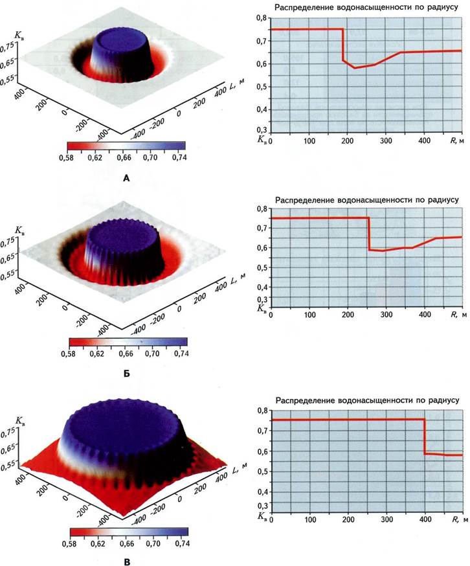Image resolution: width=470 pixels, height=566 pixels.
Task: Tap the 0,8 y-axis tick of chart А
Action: (260, 19)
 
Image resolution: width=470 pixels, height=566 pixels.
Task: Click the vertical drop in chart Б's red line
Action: (369, 233)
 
